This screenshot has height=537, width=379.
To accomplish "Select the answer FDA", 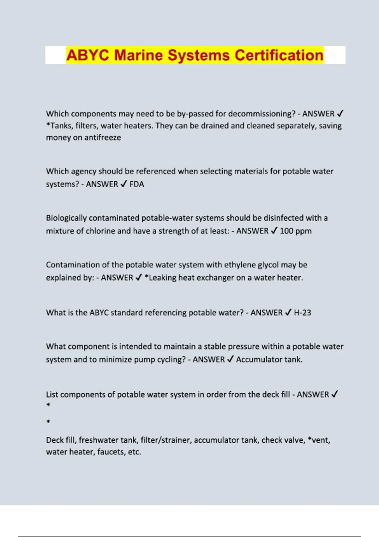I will pos(137,184).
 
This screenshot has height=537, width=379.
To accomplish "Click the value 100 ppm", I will pos(296,231).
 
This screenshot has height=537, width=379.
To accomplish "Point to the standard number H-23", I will pos(302,313).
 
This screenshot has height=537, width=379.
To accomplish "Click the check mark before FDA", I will pos(123,184).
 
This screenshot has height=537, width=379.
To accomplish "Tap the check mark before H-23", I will pos(288,312).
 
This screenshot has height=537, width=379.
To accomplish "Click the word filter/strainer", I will pos(166,440).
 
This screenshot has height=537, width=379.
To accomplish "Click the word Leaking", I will pos(162,278).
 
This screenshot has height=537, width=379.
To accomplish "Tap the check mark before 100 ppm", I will pos(274,231).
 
